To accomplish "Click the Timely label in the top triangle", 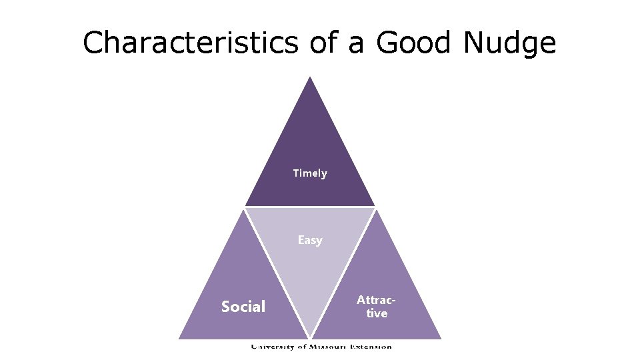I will [310, 173].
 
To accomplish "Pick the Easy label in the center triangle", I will [310, 240].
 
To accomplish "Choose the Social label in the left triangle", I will [243, 307].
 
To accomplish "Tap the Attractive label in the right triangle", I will [377, 307].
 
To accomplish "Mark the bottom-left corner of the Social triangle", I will [179, 339].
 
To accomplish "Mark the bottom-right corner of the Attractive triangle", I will [441, 339].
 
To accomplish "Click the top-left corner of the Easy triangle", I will [245, 209].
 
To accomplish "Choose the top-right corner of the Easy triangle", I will [375, 209].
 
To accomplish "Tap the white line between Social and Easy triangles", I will [277, 273].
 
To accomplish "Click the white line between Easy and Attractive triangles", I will [343, 273].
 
